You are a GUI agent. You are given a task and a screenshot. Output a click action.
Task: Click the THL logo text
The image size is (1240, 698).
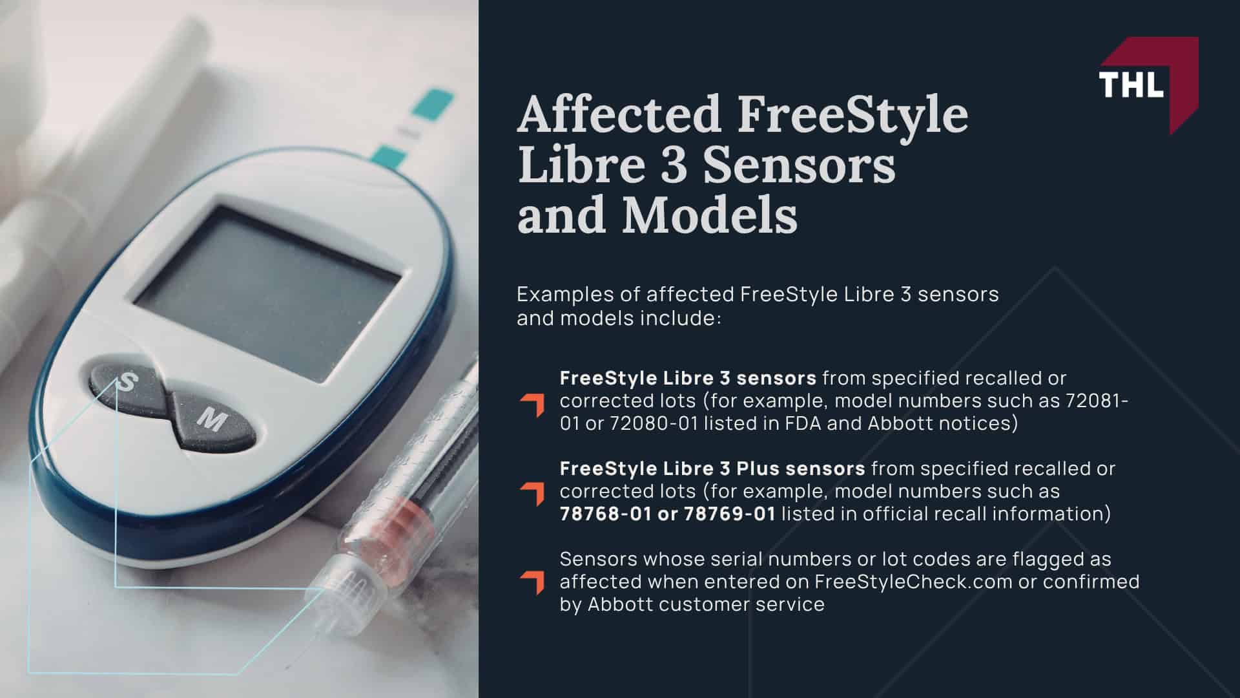coord(1131,83)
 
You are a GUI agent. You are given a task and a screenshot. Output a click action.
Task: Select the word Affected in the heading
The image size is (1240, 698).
coord(619,115)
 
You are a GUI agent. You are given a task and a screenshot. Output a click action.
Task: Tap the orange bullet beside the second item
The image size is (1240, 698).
coord(532,494)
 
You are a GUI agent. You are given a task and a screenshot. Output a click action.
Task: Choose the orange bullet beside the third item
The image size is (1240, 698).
coord(532,582)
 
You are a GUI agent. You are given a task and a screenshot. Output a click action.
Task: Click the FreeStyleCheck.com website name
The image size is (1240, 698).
coord(913,582)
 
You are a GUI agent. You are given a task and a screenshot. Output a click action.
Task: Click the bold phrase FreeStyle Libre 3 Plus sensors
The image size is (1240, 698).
coord(712,468)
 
